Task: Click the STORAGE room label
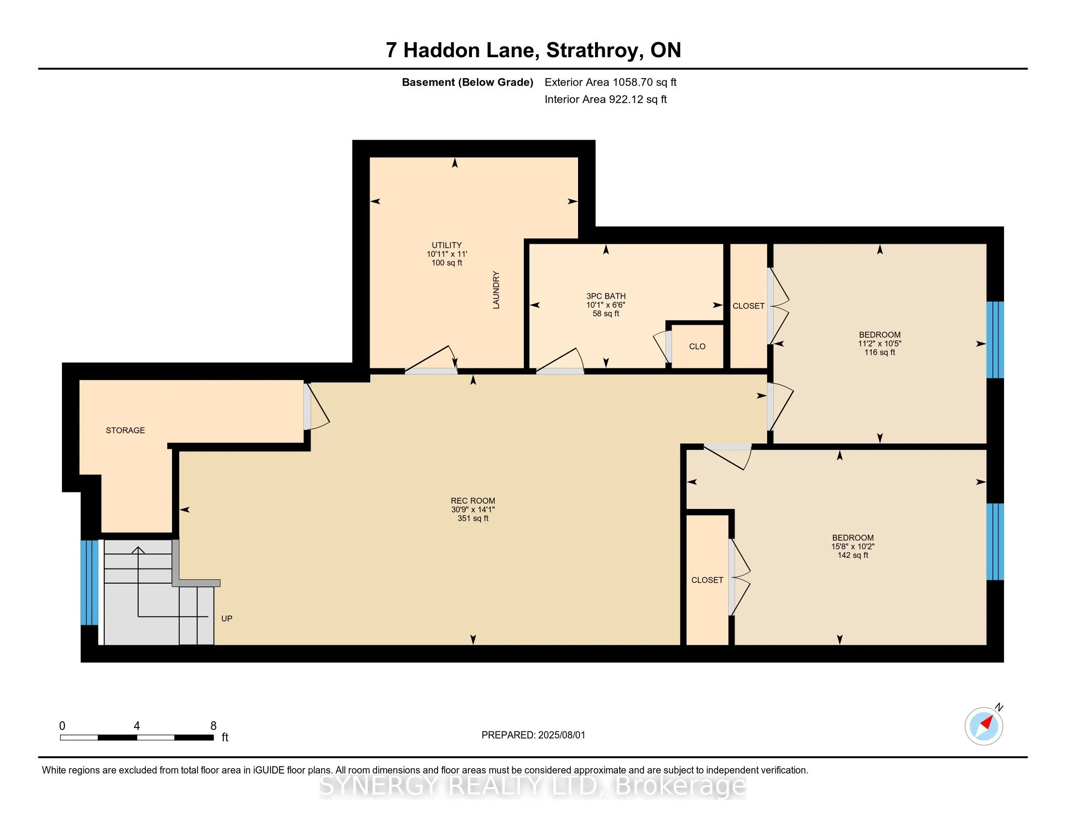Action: tap(125, 430)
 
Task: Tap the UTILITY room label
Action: tap(447, 245)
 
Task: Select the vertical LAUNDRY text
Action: tap(496, 290)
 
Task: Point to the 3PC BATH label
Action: tap(606, 296)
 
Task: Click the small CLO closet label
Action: tap(697, 346)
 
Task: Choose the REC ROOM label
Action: tap(472, 500)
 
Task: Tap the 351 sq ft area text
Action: tap(472, 518)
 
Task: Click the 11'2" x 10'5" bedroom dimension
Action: tap(879, 343)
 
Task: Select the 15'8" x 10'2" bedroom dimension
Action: tap(853, 546)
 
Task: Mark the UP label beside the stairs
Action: tap(226, 618)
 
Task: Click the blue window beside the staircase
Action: tap(89, 582)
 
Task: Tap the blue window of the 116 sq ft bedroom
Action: tap(995, 340)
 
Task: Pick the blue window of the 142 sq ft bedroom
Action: tap(995, 542)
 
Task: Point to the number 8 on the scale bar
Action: tap(213, 726)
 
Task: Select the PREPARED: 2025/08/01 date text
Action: tap(533, 735)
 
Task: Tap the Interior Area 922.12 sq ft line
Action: tap(605, 99)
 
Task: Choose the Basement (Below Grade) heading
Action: tap(467, 82)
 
